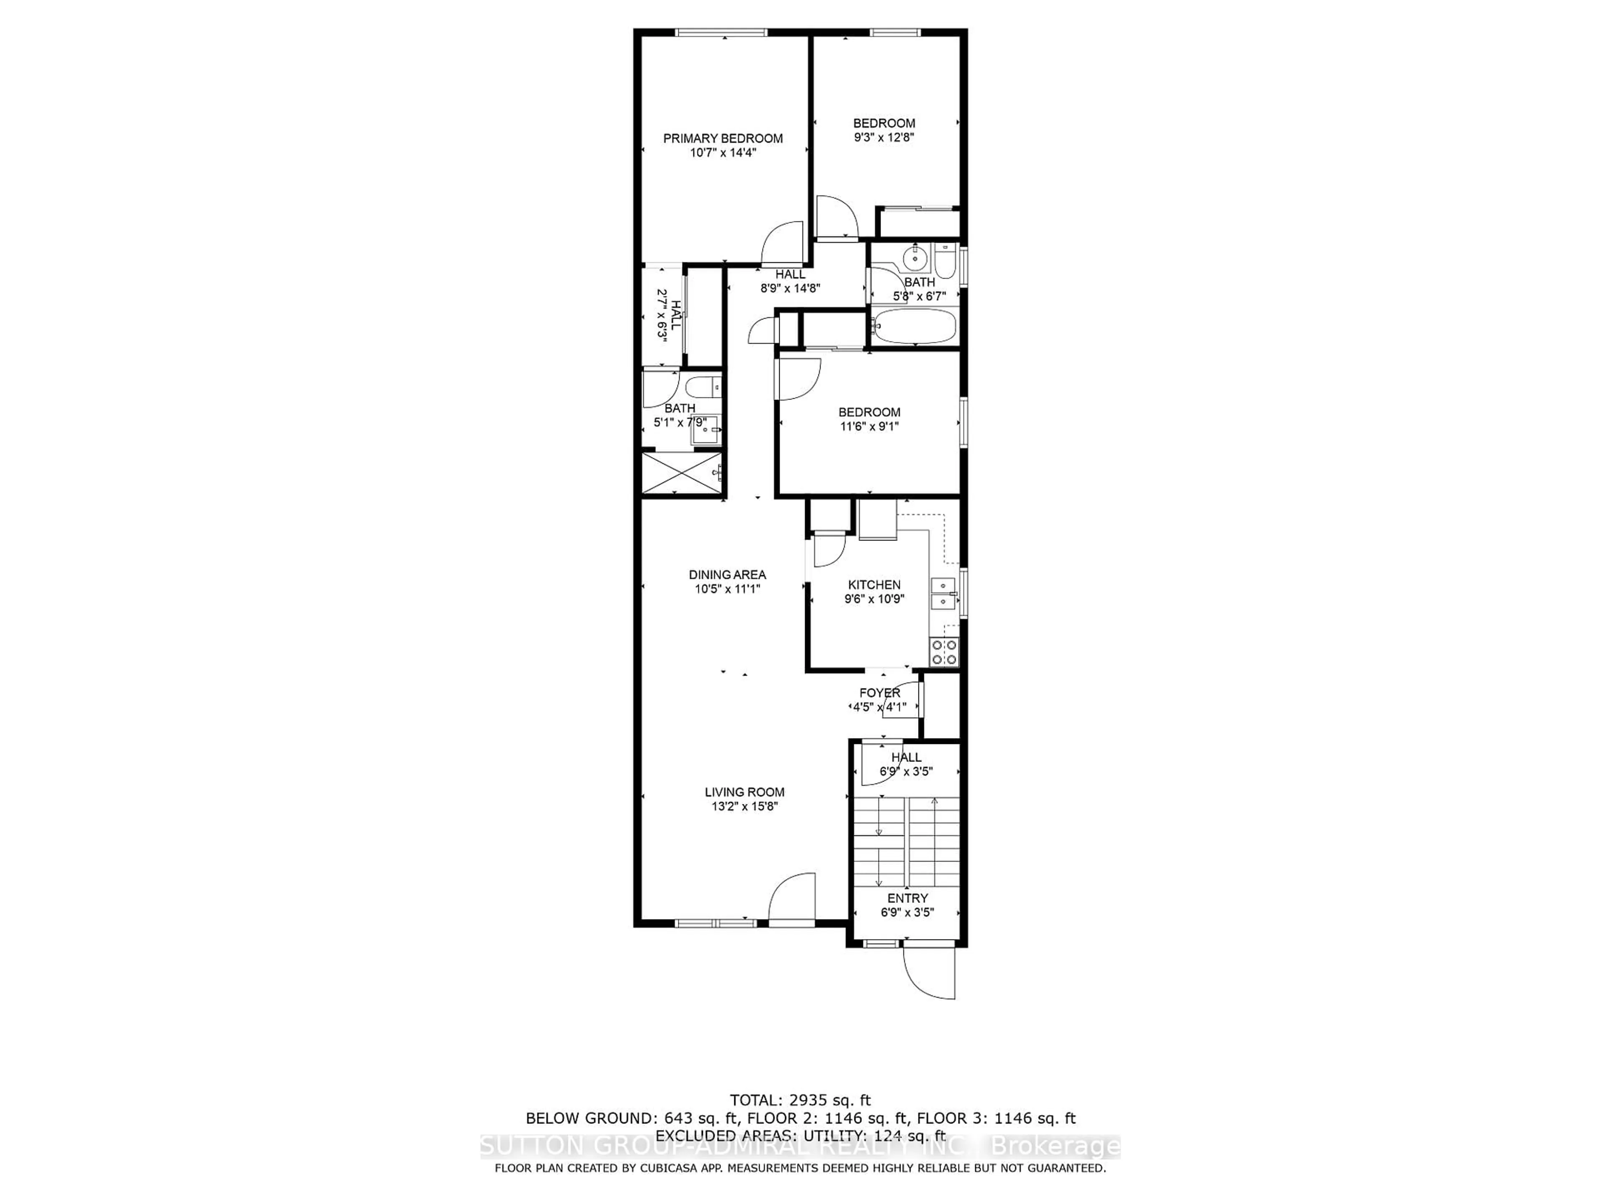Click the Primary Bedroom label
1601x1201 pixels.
click(723, 138)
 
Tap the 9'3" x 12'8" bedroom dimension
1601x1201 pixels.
click(884, 138)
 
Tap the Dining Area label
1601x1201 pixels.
click(727, 575)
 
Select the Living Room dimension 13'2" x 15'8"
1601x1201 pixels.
click(744, 807)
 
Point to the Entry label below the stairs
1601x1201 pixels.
click(908, 898)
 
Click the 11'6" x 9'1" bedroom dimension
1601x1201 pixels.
click(869, 426)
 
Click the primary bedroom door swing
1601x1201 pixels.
click(783, 243)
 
